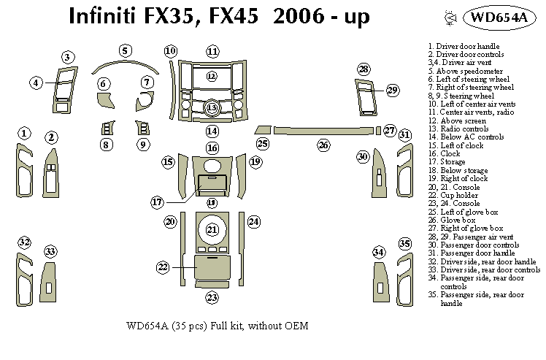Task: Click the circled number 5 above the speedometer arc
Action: point(126,50)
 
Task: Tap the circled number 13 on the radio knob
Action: point(212,108)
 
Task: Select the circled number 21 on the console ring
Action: point(212,230)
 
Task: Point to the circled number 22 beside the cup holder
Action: point(163,267)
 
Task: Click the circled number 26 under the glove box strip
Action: point(323,145)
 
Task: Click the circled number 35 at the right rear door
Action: point(405,243)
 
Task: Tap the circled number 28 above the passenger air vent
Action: point(364,69)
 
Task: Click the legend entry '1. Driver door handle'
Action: point(468,46)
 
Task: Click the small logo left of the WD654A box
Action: point(447,18)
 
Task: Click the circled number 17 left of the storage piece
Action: point(157,201)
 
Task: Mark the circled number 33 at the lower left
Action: point(50,251)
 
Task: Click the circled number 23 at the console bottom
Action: point(212,297)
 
